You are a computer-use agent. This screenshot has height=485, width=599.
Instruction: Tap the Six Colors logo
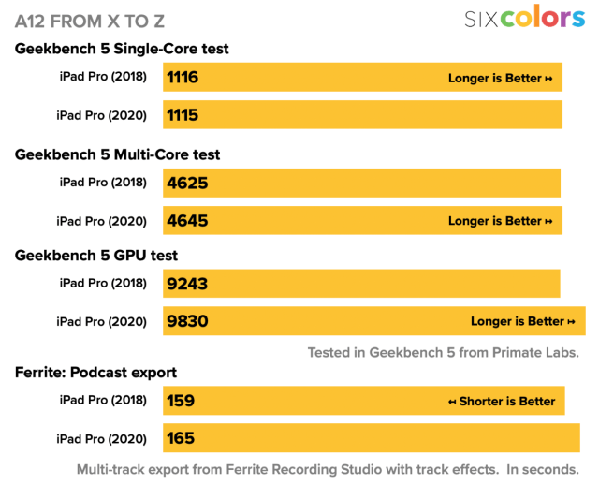pyautogui.click(x=524, y=19)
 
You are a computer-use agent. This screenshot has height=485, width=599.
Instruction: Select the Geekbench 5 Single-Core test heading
pyautogui.click(x=122, y=49)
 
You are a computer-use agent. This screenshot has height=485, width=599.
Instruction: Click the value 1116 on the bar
pyautogui.click(x=183, y=78)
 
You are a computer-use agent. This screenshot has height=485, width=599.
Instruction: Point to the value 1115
pyautogui.click(x=183, y=114)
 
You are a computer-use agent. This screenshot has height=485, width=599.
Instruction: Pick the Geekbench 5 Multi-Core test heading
pyautogui.click(x=118, y=154)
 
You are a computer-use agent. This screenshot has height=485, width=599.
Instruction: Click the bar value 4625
pyautogui.click(x=187, y=184)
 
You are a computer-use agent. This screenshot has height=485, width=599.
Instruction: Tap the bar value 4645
pyautogui.click(x=187, y=221)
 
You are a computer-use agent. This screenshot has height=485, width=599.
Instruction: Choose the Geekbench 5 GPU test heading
pyautogui.click(x=96, y=255)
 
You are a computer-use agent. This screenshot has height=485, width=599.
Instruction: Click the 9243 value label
pyautogui.click(x=187, y=284)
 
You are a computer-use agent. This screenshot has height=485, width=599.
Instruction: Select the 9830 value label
pyautogui.click(x=187, y=321)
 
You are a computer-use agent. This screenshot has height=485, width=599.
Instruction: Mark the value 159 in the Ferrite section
pyautogui.click(x=181, y=401)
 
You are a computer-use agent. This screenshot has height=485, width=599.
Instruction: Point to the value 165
pyautogui.click(x=181, y=437)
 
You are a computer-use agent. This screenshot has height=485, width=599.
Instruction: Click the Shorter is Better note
pyautogui.click(x=502, y=402)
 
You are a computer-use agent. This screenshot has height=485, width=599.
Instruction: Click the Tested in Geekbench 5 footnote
pyautogui.click(x=444, y=353)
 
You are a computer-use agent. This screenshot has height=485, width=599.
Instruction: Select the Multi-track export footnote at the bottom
pyautogui.click(x=327, y=469)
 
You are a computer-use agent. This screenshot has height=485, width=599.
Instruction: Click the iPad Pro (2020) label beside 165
pyautogui.click(x=102, y=437)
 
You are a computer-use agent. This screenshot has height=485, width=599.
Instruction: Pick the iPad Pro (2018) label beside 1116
pyautogui.click(x=102, y=78)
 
